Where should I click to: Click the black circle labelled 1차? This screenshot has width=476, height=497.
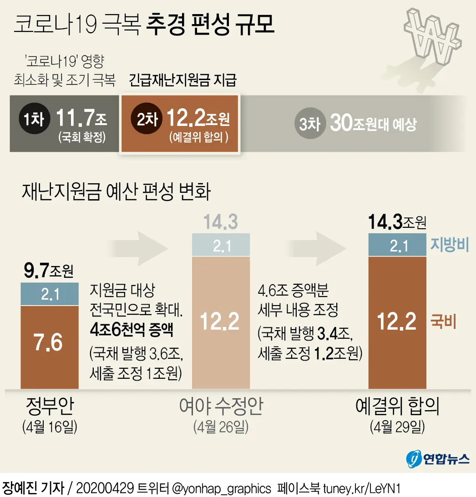click(x=32, y=120)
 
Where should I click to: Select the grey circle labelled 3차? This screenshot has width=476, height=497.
click(x=309, y=123)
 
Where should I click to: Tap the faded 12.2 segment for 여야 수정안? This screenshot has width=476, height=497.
click(x=221, y=322)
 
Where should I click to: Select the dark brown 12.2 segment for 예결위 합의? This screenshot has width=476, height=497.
click(x=397, y=322)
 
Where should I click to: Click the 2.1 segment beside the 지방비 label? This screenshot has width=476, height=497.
click(x=397, y=246)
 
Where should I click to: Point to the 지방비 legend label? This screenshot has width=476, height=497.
click(x=449, y=246)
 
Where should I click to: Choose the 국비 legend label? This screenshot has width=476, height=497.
click(x=443, y=323)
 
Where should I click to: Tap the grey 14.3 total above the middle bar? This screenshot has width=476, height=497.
click(x=221, y=223)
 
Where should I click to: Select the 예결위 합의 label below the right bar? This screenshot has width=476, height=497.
click(x=397, y=407)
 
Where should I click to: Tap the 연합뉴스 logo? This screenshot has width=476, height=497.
click(x=437, y=458)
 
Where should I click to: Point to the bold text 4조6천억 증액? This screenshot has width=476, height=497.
click(x=132, y=329)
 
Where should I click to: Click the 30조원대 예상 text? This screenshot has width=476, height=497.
click(x=373, y=123)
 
